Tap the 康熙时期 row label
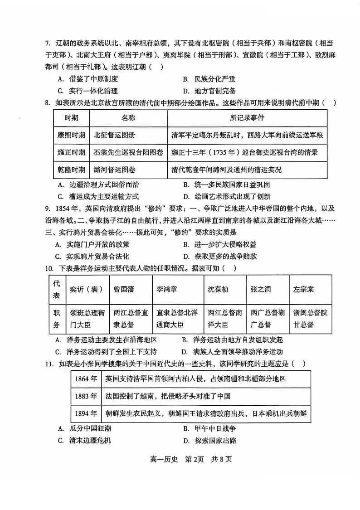tap(71, 135)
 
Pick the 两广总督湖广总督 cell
tap(265, 318)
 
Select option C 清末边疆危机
tap(85, 440)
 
